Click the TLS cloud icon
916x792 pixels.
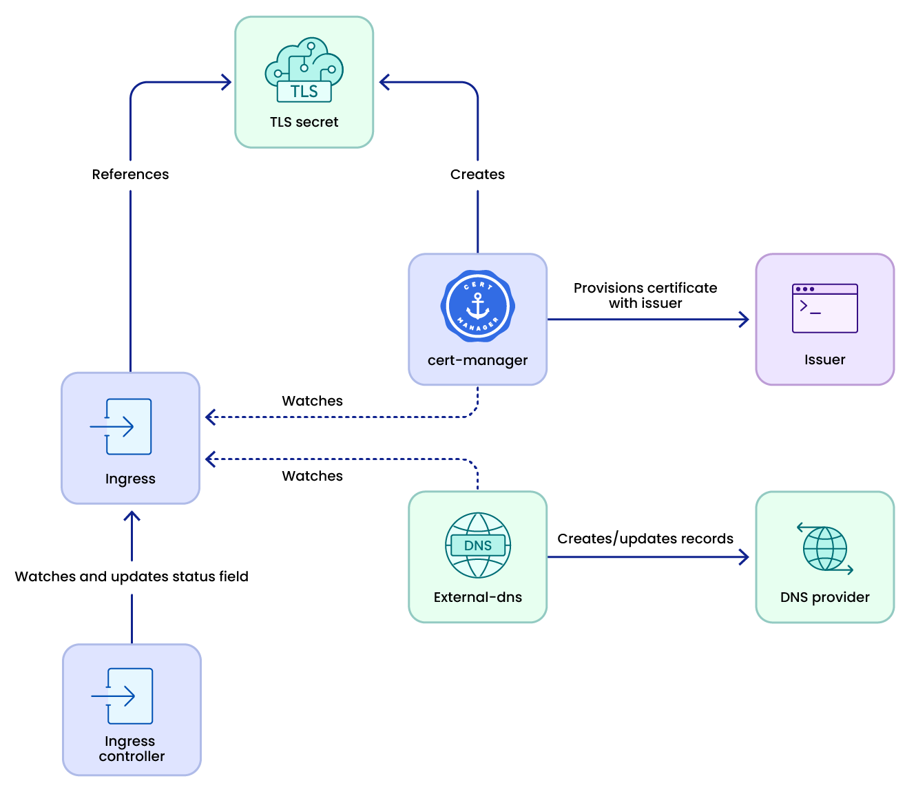coord(304,70)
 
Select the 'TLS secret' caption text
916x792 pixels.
coord(304,122)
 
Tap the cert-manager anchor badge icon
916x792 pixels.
coord(477,306)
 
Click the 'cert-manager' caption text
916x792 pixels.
coord(477,360)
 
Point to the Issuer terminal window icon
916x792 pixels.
coord(824,309)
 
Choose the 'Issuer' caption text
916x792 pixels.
coord(824,359)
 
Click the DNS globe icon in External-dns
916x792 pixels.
coord(477,545)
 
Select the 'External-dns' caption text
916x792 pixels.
coord(477,597)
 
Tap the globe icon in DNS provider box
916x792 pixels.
coord(824,549)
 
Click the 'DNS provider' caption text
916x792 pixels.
coord(824,597)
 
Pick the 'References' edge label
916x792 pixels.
coord(130,174)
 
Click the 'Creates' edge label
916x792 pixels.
coord(477,174)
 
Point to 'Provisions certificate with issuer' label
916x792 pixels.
coord(645,295)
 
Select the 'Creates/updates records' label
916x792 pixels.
coord(645,539)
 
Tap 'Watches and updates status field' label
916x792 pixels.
coord(132,576)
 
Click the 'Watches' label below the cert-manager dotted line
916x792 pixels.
coord(312,401)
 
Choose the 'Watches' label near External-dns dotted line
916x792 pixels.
coord(312,476)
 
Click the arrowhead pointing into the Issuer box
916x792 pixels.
coord(744,320)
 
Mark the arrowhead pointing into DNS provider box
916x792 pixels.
coord(744,557)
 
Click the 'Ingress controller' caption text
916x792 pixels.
coord(131,749)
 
